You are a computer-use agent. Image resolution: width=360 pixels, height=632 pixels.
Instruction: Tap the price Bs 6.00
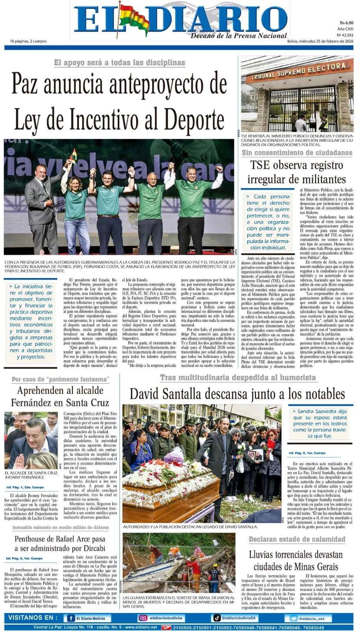[346, 23]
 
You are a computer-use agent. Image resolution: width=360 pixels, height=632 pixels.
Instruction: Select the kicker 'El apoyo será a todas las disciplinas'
[120, 62]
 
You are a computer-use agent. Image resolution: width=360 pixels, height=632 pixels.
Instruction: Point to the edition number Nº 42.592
[345, 35]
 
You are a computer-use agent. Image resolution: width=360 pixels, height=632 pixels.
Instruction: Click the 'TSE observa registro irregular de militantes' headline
[296, 172]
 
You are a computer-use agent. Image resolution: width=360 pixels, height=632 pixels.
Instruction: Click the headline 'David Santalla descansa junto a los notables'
[237, 393]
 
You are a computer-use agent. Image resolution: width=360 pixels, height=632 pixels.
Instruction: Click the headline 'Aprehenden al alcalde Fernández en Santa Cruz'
[60, 396]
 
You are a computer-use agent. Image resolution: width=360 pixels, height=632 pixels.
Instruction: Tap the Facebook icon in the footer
[71, 618]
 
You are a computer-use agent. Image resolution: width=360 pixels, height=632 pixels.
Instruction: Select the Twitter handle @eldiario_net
[312, 619]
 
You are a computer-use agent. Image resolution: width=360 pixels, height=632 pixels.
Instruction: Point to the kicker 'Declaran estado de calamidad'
[296, 539]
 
